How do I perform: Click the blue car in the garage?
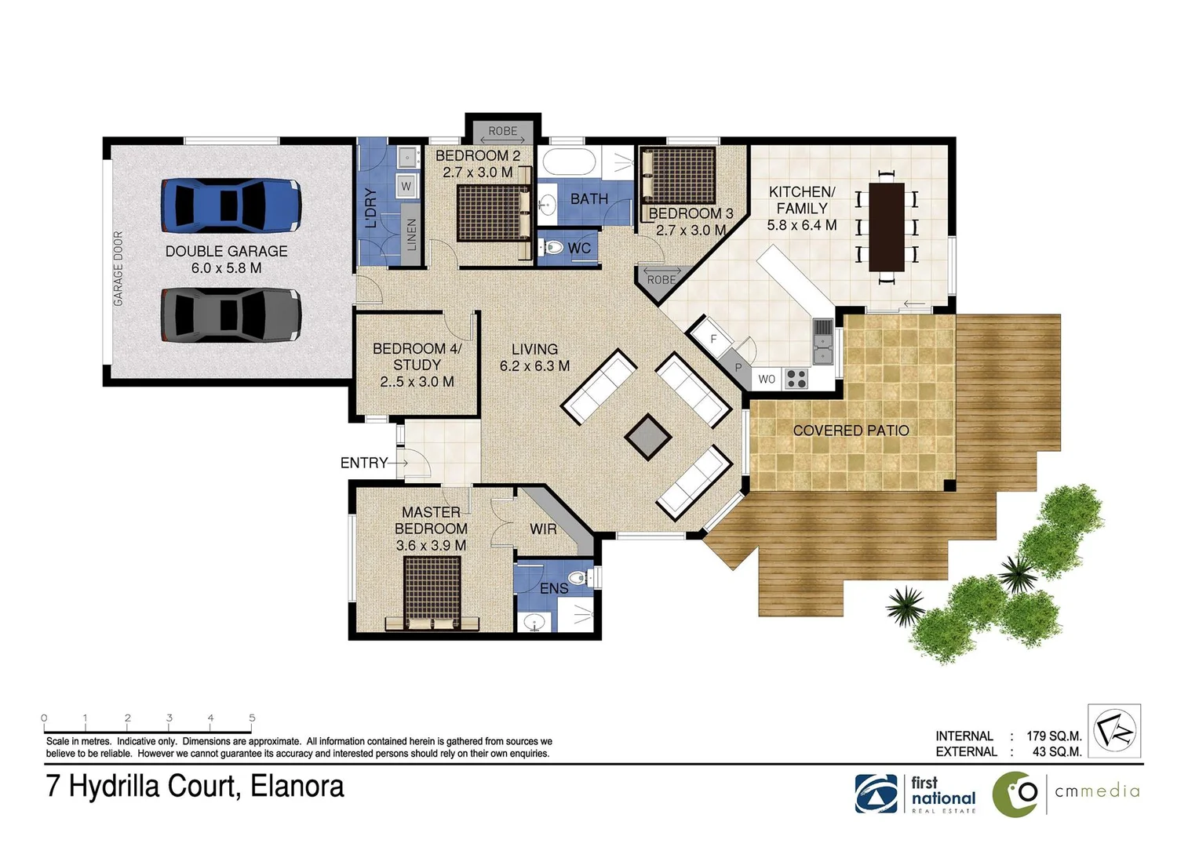(231, 205)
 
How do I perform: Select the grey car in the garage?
(231, 315)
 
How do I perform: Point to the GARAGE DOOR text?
(118, 268)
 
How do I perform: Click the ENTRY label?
(363, 463)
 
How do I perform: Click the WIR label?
(543, 529)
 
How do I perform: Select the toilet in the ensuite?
(579, 578)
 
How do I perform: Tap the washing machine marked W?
(406, 187)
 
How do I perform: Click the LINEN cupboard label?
(412, 234)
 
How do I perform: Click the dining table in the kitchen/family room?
(887, 227)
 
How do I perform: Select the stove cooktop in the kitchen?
(796, 379)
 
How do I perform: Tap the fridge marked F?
(713, 339)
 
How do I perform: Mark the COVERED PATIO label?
(851, 431)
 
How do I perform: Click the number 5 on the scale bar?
(252, 718)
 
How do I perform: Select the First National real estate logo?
(916, 794)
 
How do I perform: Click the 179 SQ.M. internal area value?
(1053, 736)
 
